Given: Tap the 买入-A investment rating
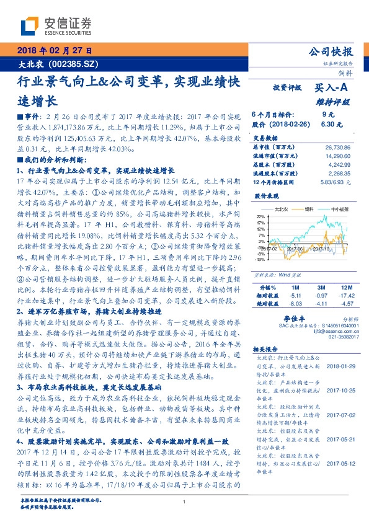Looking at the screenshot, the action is click(332, 89).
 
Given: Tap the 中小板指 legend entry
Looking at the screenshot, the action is click(339, 210).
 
